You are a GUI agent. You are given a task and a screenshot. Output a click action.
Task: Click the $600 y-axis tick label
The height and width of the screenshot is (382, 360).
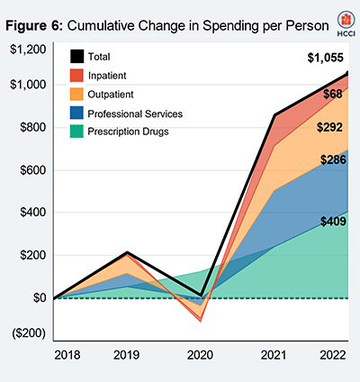pos(31,170)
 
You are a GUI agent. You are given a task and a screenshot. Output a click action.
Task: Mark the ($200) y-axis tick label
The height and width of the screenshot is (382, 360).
pos(28,332)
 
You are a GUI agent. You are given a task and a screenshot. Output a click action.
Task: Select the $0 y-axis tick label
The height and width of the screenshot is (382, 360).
pos(37,298)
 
